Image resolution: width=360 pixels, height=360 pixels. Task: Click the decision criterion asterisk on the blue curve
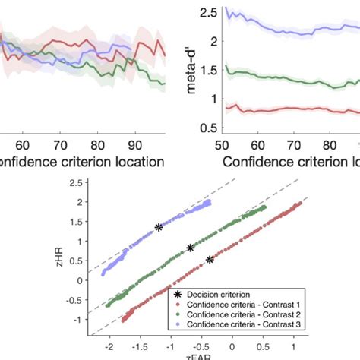[x=159, y=227]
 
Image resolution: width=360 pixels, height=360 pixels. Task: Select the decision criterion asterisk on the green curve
[x=191, y=248]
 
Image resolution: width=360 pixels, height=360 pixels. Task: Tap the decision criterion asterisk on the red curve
[x=210, y=260]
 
